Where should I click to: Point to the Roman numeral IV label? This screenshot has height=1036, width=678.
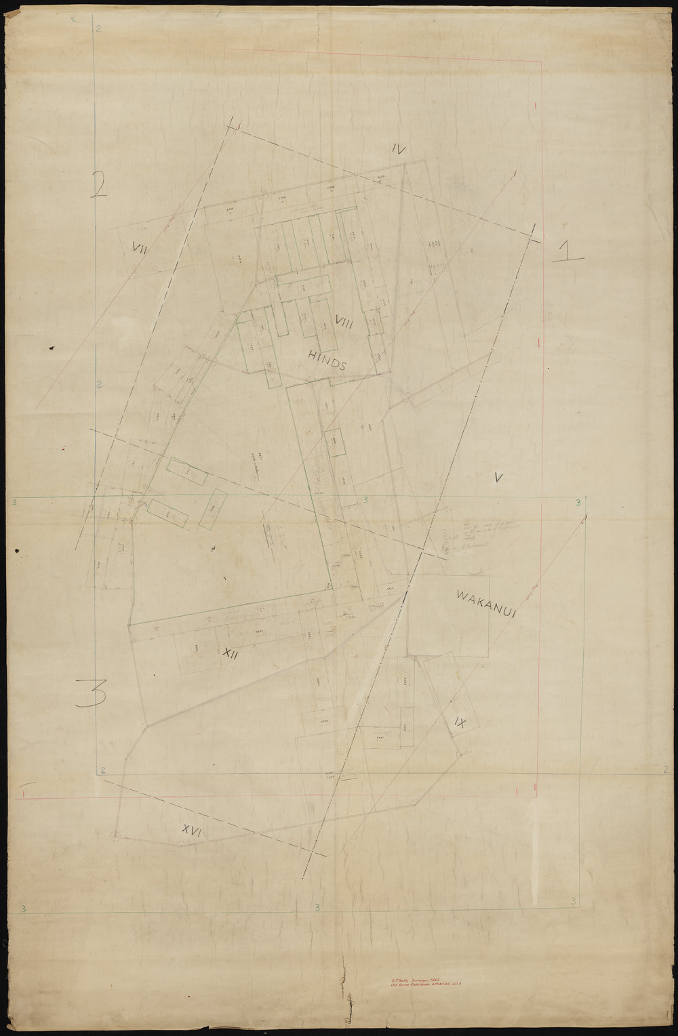pos(397,151)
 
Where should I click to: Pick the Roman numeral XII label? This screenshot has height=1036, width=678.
pos(231,655)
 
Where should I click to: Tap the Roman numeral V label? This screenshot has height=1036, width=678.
pos(498,479)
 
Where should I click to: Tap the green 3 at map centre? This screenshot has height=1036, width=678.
pos(365,500)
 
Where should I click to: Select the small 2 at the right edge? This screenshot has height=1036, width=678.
pos(665,770)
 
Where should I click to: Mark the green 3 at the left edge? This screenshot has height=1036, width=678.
pos(15,502)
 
